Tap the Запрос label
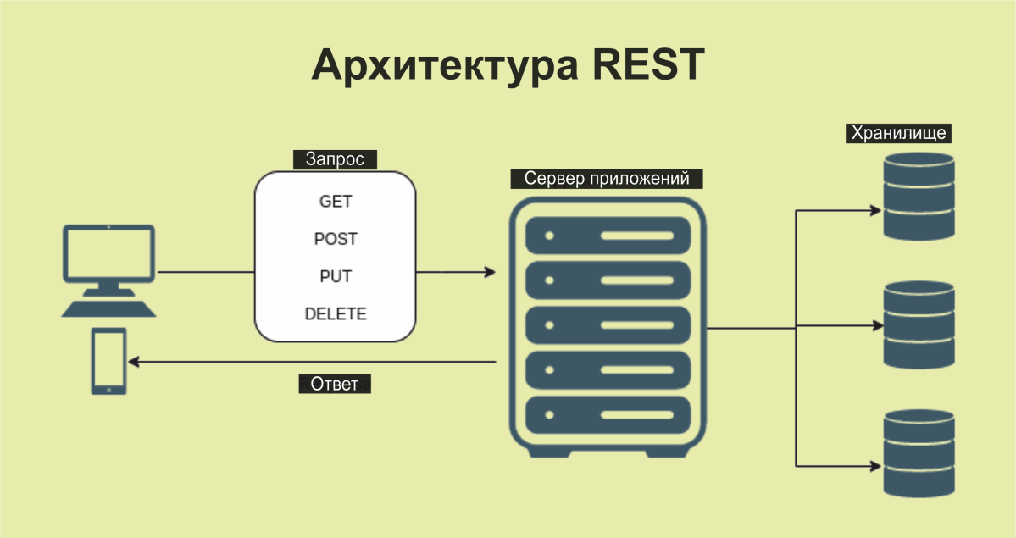335,159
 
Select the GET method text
335,202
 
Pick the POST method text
335,239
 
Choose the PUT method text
335,276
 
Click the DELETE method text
335,313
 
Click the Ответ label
335,384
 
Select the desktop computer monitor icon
108,254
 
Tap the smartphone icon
109,361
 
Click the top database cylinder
919,197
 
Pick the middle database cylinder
919,326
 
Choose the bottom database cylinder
919,453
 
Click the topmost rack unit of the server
607,235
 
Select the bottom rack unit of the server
607,415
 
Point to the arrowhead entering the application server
490,272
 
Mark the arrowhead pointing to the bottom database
875,464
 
